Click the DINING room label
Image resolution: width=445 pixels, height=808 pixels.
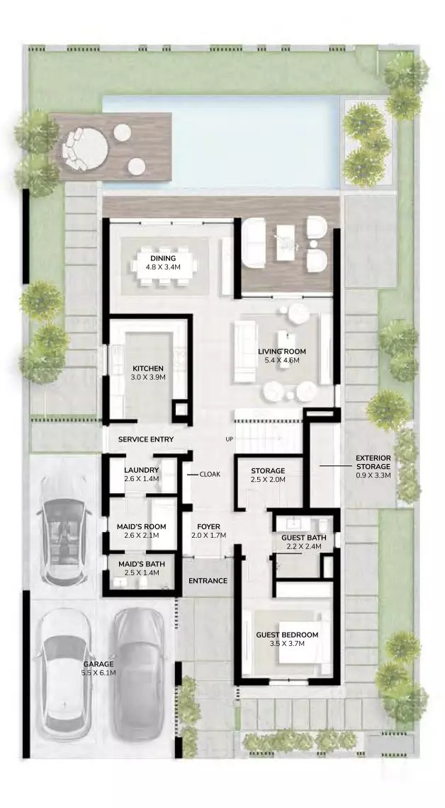pyautogui.click(x=163, y=258)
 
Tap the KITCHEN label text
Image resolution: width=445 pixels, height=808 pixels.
pyautogui.click(x=148, y=369)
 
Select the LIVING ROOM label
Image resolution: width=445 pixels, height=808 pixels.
pyautogui.click(x=282, y=352)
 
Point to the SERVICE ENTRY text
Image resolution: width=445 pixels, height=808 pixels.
pyautogui.click(x=145, y=439)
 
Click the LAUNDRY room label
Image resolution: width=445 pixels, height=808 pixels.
pyautogui.click(x=142, y=470)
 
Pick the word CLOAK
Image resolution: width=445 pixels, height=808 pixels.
pyautogui.click(x=210, y=474)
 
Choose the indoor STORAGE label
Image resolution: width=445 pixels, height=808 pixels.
pyautogui.click(x=268, y=471)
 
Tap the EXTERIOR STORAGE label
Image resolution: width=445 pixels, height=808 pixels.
pyautogui.click(x=373, y=462)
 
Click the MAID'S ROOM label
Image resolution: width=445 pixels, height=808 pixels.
pyautogui.click(x=142, y=526)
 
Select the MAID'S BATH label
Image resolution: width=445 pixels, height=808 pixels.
pyautogui.click(x=142, y=564)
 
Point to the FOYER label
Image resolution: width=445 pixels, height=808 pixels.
pyautogui.click(x=208, y=526)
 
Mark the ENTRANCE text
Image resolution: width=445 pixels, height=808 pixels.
pyautogui.click(x=208, y=581)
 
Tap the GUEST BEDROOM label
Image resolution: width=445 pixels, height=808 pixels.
pyautogui.click(x=287, y=635)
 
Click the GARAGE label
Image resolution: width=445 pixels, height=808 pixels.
pyautogui.click(x=98, y=664)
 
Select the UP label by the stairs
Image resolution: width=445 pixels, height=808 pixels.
pyautogui.click(x=230, y=439)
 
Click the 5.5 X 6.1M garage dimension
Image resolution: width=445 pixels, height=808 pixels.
pyautogui.click(x=98, y=672)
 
